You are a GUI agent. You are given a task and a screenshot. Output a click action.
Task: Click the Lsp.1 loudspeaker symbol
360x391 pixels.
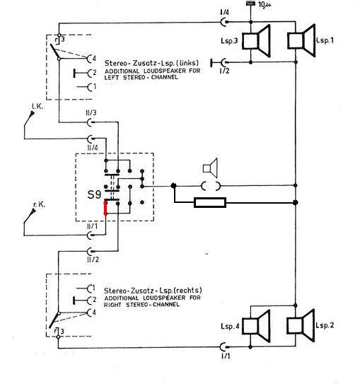coord(301,40)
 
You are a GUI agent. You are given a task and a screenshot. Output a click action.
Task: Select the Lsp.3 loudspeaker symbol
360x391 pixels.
coord(256,41)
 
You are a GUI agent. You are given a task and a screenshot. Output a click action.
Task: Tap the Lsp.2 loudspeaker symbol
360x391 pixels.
coord(301,326)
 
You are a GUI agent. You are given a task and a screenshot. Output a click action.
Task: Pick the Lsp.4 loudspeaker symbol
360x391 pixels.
coord(256,326)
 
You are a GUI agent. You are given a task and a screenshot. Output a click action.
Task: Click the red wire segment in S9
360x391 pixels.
coord(105,208)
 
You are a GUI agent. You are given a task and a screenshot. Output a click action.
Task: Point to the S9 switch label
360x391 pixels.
coord(94,194)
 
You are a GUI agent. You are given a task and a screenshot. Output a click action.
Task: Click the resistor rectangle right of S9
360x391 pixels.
coord(210,202)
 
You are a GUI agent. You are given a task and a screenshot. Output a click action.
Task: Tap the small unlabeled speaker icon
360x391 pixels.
coord(210,168)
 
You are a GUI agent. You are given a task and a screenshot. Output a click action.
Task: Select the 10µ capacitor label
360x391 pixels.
coord(265,4)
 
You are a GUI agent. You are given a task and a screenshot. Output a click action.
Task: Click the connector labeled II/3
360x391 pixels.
coord(91,122)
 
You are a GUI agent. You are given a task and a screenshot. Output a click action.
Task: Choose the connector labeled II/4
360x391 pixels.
coord(91,138)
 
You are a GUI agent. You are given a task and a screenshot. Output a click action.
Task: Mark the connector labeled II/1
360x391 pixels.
coord(91,235)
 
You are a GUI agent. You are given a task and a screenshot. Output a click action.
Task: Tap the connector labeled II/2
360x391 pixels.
coord(91,250)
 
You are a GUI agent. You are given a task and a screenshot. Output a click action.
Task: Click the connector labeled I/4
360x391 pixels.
coord(224,22)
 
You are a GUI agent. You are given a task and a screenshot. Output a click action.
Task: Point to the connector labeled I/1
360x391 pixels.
coord(223,346)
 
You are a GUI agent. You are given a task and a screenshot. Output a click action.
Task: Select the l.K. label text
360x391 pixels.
coord(37,107)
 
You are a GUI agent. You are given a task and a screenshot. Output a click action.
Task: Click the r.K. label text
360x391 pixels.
coord(39,205)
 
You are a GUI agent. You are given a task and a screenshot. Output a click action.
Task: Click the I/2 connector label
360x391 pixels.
coord(224,71)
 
